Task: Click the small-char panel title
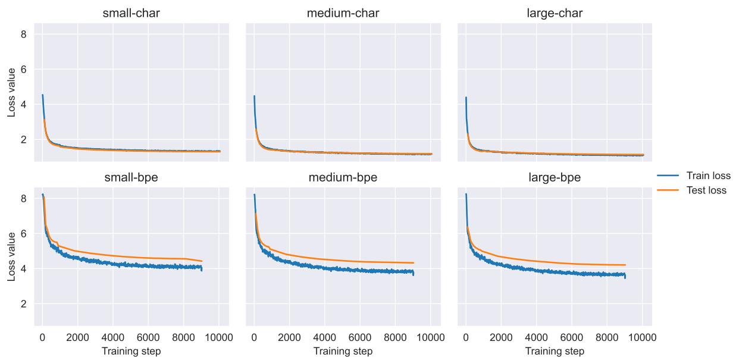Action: coord(131,12)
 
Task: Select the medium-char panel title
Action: coord(343,12)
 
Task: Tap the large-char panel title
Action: coord(555,12)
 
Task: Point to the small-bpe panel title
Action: coord(131,177)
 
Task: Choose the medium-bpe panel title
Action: coord(343,177)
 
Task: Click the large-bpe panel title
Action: coord(555,177)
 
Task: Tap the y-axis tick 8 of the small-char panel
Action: coord(24,35)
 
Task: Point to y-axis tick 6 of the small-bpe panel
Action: coord(24,234)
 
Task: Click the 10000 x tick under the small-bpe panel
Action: coord(218,337)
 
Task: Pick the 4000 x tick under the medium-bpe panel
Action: coord(325,337)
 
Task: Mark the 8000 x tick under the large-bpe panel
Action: coord(607,337)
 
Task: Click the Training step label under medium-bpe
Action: coord(343,351)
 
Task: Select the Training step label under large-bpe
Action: coord(555,351)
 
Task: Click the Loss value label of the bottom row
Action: coord(11,256)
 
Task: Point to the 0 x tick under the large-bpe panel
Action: coord(466,337)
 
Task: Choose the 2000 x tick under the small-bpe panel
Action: coord(77,337)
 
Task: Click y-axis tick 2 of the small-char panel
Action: coord(24,140)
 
